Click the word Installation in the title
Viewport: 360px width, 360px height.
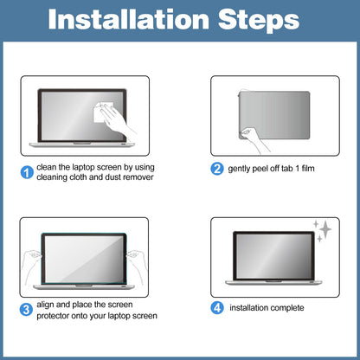tap(129, 19)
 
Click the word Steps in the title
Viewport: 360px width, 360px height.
tap(259, 20)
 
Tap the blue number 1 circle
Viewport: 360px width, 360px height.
tap(27, 172)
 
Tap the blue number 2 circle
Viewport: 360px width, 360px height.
tap(217, 169)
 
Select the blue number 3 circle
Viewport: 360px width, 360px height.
tap(26, 310)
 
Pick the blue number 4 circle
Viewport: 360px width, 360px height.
tap(217, 308)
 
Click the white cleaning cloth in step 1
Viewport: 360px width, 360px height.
tap(102, 112)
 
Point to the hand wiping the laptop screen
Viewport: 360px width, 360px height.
tap(118, 119)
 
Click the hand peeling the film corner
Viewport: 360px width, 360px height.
tap(254, 140)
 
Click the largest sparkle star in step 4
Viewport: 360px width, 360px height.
tap(326, 229)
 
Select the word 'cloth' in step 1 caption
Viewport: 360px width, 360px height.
tap(78, 177)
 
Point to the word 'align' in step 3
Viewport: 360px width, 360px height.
tap(45, 305)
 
